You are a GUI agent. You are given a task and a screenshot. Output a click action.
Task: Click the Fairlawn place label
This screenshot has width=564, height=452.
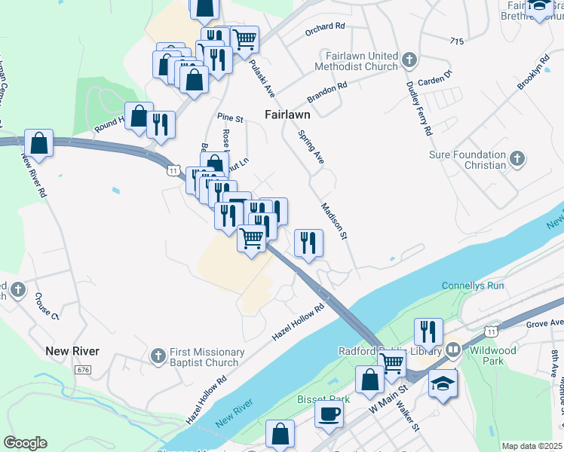288,115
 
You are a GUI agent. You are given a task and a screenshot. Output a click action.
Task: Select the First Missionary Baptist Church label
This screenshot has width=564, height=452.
198,357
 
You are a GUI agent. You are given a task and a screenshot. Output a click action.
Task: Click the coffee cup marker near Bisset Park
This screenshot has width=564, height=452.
328,414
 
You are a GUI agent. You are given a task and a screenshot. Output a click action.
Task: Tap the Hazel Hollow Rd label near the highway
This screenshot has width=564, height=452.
297,320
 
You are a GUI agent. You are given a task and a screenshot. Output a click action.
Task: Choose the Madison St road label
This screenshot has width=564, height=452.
333,221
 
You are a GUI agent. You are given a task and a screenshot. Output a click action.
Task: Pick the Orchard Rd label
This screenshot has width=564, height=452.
324,26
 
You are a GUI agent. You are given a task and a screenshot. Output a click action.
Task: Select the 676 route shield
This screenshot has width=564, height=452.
83,370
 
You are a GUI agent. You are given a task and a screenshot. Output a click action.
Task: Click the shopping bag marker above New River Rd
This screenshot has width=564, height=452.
38,142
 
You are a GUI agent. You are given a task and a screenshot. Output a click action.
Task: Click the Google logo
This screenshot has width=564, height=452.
25,443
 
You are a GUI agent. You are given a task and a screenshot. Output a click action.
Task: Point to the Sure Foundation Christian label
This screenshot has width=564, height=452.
467,160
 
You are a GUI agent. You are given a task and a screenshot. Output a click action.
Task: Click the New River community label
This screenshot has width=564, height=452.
72,351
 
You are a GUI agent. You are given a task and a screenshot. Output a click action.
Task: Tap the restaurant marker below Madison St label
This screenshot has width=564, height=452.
308,243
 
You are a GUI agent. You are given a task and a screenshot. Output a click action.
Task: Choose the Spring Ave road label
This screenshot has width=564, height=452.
311,148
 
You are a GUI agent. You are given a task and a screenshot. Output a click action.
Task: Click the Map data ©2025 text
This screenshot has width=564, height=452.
531,446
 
